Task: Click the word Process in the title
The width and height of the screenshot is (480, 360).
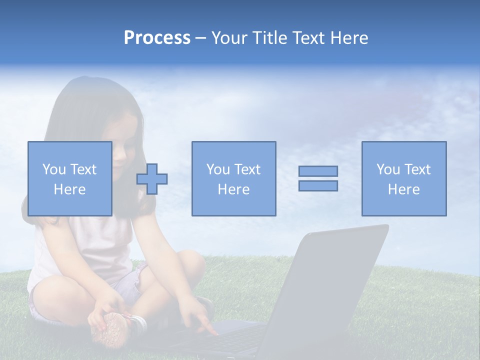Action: pos(157,38)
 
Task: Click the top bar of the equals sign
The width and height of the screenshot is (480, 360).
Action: pos(318,171)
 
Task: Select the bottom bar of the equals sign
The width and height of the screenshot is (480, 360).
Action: pos(318,186)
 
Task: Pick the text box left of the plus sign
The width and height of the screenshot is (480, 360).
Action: pos(69,178)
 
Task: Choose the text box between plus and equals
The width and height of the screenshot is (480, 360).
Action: pos(233,178)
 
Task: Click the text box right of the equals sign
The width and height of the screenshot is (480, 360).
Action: pos(403,178)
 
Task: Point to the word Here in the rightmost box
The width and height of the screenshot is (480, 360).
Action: pos(403,189)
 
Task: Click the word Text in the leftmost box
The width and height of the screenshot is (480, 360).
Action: pos(83,169)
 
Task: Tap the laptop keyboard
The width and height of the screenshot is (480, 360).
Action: pos(230,340)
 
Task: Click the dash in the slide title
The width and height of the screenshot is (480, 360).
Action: pos(200,38)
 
